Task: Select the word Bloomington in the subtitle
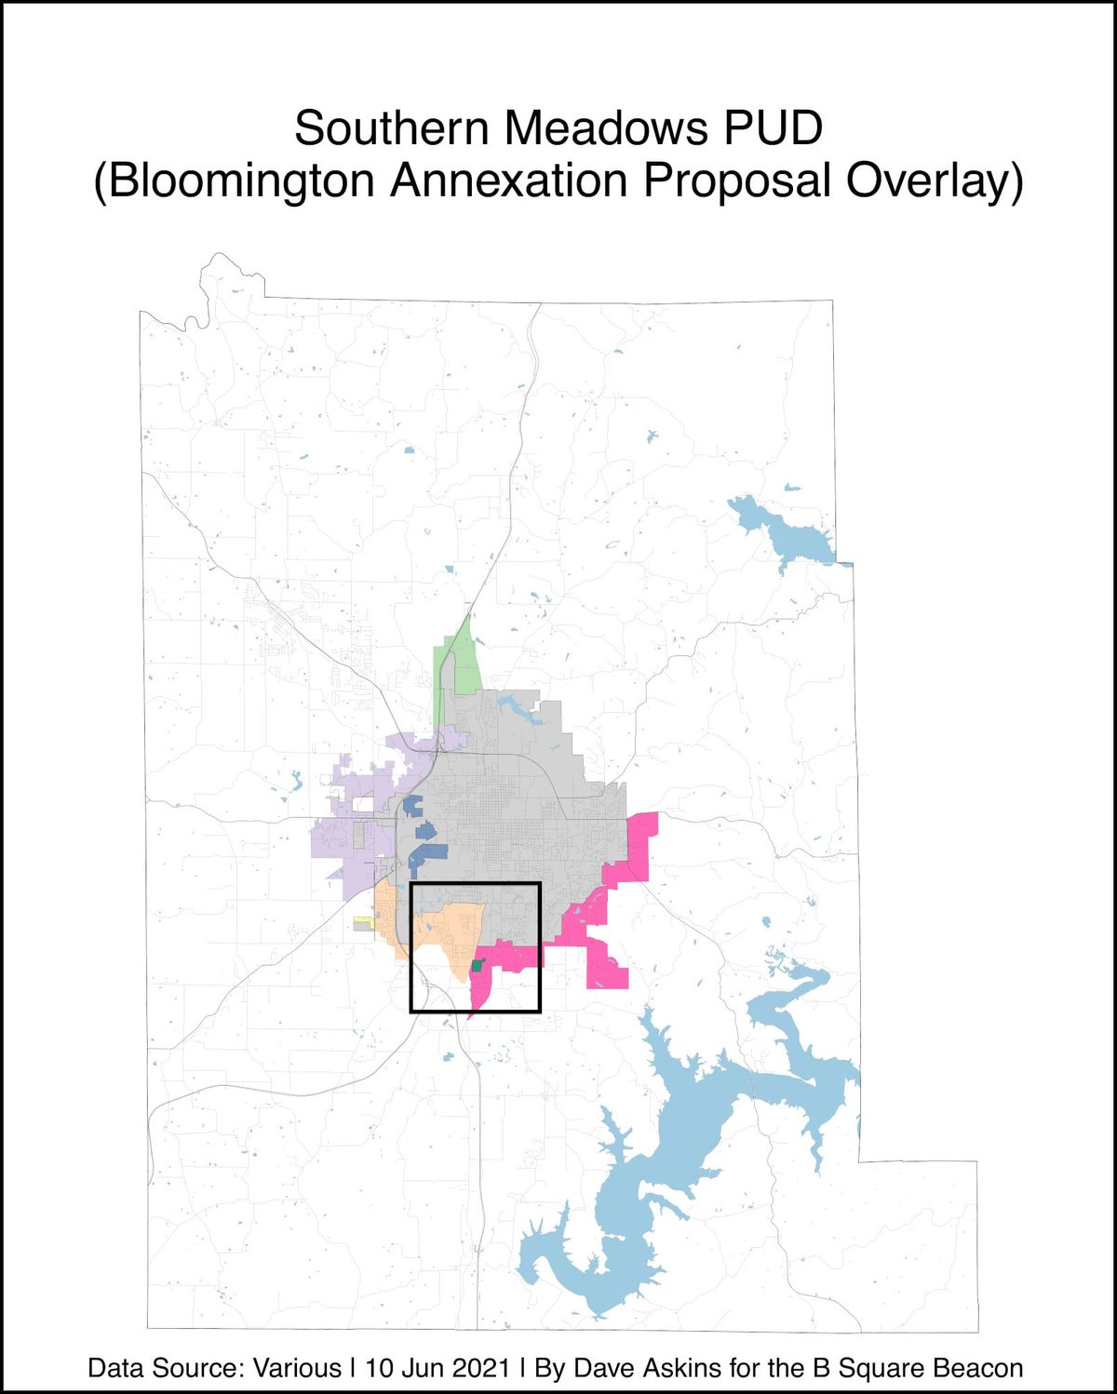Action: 242,181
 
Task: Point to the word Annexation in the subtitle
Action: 509,181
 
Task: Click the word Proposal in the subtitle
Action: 734,181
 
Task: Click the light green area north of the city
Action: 458,666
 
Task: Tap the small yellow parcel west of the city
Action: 363,923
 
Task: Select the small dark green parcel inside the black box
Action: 478,966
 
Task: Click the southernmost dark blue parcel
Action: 426,854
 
